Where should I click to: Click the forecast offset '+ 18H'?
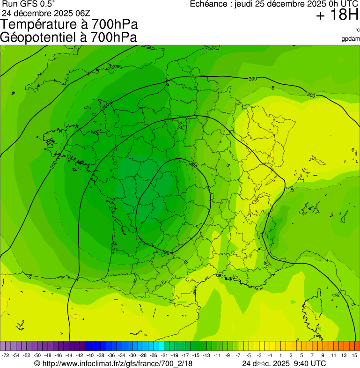point(337,15)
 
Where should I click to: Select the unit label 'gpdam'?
point(351,39)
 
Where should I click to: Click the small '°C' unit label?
point(357,30)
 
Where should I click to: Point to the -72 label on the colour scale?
point(6,355)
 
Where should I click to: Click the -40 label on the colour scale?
point(90,355)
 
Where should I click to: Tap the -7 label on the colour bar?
point(238,355)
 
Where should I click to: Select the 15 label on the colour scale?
point(354,355)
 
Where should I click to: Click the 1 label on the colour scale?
point(280,355)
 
